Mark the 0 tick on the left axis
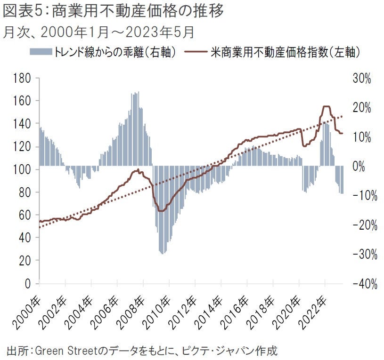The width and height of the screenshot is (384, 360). click(28, 284)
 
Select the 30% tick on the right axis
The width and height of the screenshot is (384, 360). click(361, 79)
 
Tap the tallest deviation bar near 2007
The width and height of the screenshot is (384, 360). click(138, 92)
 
